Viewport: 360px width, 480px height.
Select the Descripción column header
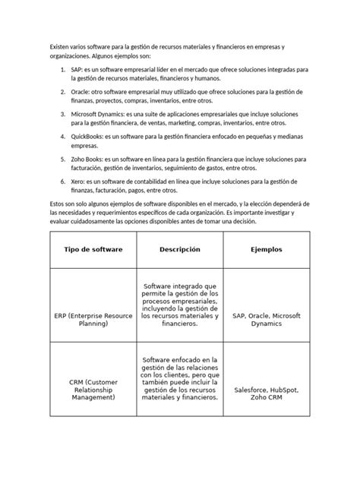pyautogui.click(x=180, y=249)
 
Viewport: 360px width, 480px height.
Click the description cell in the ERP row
pyautogui.click(x=180, y=304)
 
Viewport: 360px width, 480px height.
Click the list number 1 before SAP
pyautogui.click(x=62, y=69)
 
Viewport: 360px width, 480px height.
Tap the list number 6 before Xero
pyautogui.click(x=62, y=184)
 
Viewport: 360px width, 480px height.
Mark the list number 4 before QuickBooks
pyautogui.click(x=62, y=135)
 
